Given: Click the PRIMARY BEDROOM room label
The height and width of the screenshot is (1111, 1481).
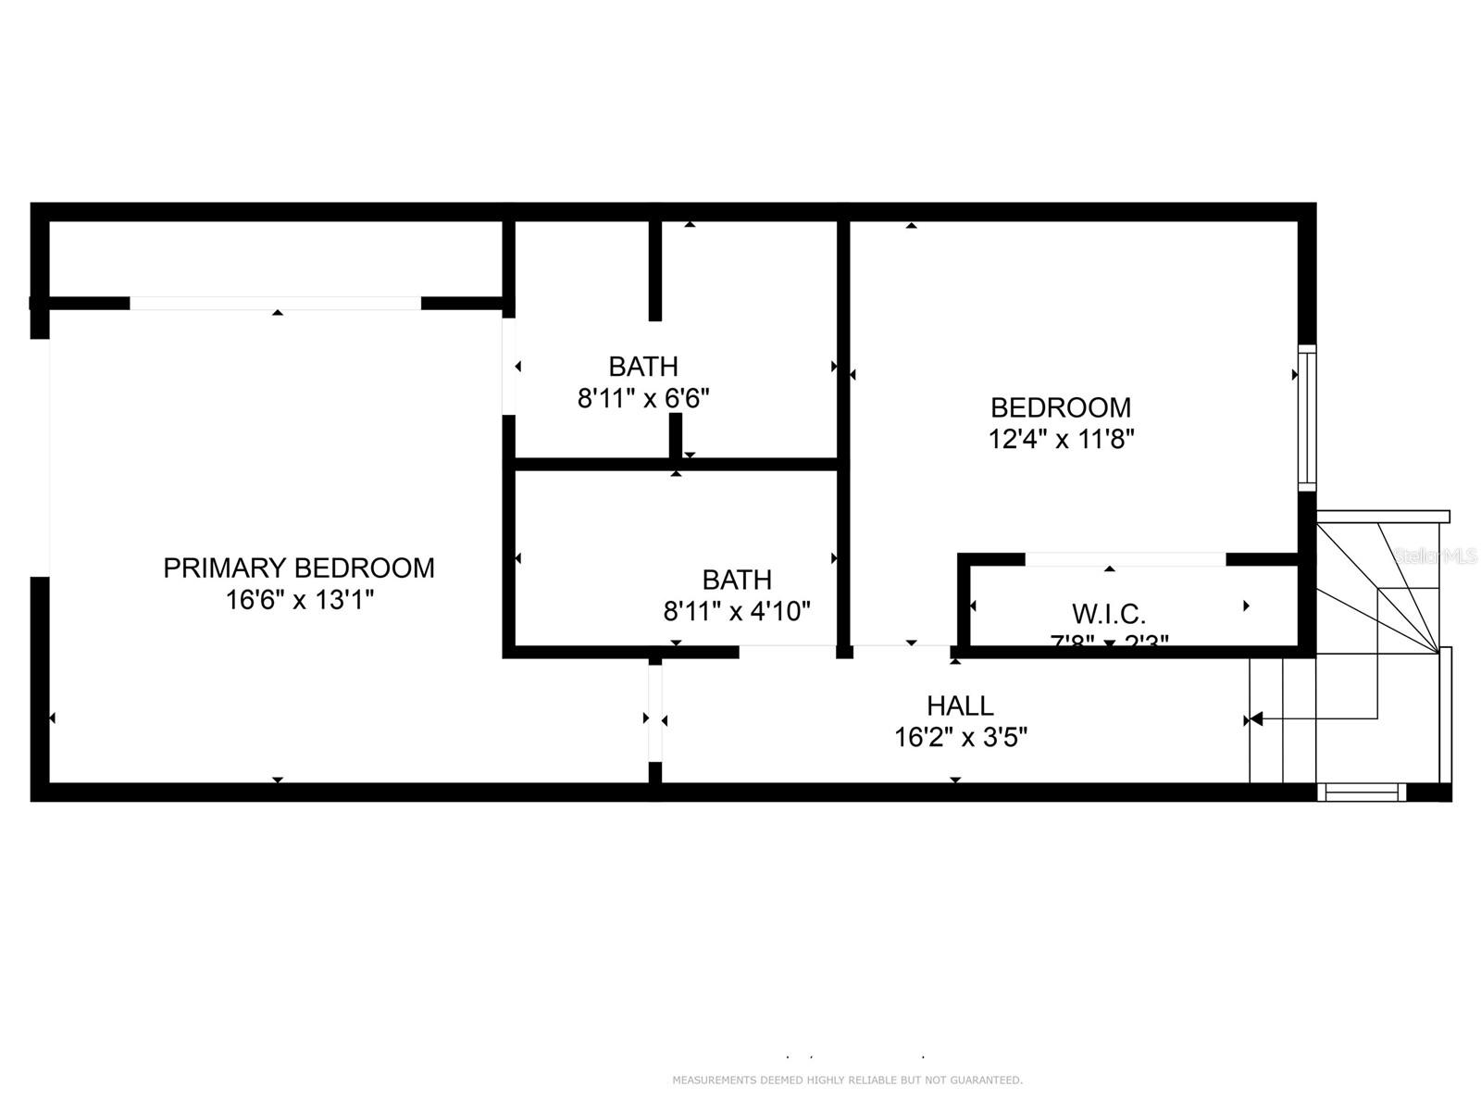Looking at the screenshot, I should [x=298, y=568].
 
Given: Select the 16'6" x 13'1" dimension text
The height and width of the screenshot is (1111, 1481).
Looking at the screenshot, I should [x=299, y=600].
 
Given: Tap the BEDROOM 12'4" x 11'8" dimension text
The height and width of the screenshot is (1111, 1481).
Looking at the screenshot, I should [x=1061, y=439].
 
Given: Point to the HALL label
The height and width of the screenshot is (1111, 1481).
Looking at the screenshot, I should [x=960, y=705].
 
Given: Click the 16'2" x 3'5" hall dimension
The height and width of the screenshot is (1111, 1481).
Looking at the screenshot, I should [x=960, y=738].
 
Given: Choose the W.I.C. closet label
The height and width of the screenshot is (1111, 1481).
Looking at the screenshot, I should [x=1108, y=613].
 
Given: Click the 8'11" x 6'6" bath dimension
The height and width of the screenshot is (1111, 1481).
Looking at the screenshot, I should [x=643, y=398].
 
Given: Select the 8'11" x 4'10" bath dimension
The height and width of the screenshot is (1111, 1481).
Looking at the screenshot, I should [x=736, y=611].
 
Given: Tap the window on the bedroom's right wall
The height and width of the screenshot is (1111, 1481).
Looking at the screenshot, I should [x=1306, y=418].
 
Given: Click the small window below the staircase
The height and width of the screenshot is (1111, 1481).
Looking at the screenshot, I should [x=1361, y=792].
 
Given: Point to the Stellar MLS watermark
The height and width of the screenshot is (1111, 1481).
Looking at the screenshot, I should [x=1435, y=555].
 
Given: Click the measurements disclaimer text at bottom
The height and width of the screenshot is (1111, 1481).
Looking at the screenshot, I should [x=847, y=1080].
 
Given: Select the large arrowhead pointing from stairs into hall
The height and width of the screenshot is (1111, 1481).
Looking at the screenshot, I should [x=1255, y=718].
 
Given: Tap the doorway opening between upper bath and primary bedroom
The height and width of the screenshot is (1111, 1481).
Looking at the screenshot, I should [x=508, y=367].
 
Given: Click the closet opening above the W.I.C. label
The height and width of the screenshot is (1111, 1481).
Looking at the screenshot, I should [x=1125, y=559].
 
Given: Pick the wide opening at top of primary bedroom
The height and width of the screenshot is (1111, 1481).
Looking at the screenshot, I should [x=275, y=303].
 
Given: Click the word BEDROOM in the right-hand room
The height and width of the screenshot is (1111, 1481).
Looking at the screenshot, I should [x=1061, y=407].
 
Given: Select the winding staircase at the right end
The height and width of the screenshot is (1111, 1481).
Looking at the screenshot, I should [x=1379, y=648].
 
